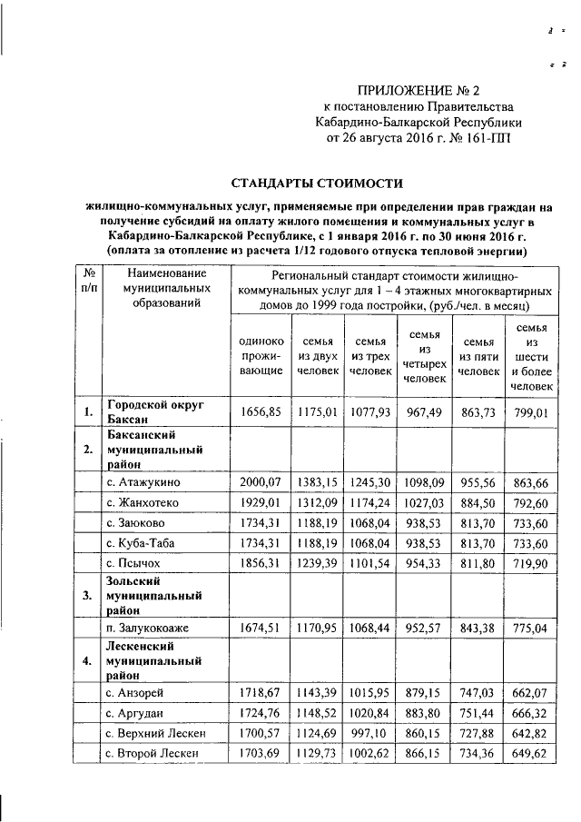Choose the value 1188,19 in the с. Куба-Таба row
pyautogui.click(x=318, y=544)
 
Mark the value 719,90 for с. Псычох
pyautogui.click(x=532, y=564)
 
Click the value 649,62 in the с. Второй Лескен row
pyautogui.click(x=532, y=754)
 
